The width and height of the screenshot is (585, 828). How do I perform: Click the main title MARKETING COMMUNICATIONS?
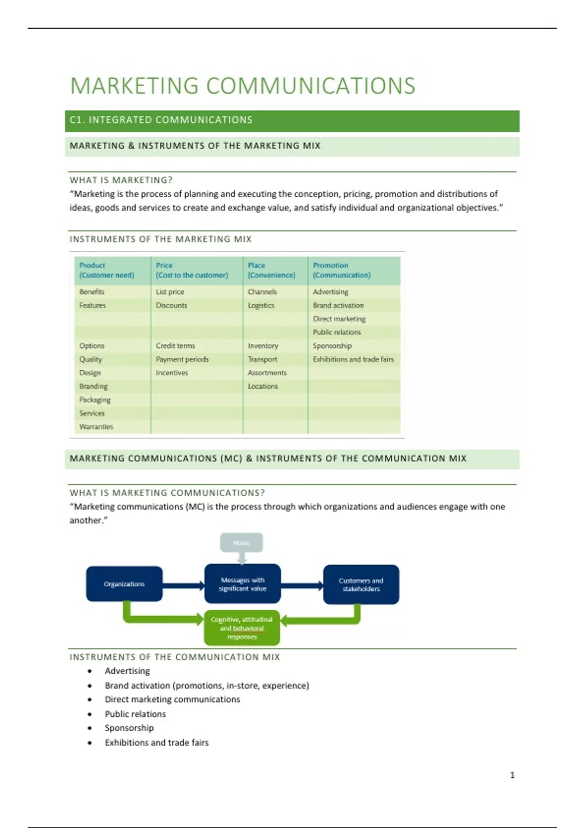click(x=243, y=86)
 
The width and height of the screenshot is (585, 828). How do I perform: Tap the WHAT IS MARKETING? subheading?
click(x=121, y=180)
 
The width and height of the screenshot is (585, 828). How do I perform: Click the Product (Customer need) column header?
click(x=107, y=270)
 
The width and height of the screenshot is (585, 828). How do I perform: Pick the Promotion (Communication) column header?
click(x=342, y=270)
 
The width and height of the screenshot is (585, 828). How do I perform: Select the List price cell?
click(x=170, y=292)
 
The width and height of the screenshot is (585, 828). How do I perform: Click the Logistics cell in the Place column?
click(x=261, y=305)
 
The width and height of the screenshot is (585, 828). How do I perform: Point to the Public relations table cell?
click(x=337, y=332)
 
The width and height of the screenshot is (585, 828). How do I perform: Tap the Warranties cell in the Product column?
click(x=96, y=427)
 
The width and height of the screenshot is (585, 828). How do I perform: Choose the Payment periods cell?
click(x=182, y=359)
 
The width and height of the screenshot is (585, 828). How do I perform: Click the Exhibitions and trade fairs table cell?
click(x=353, y=359)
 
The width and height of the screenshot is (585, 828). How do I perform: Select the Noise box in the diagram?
click(x=241, y=543)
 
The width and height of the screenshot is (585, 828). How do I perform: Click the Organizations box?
click(x=124, y=584)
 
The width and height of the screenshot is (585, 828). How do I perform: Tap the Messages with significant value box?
click(x=242, y=584)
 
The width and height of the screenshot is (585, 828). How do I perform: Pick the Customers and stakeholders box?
click(x=361, y=584)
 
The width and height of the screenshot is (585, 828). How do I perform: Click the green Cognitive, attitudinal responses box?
click(x=242, y=628)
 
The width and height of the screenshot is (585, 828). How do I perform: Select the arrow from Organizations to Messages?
click(x=183, y=585)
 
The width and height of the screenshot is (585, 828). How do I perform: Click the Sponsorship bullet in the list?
click(x=129, y=728)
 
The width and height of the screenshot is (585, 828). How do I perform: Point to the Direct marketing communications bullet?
click(x=172, y=699)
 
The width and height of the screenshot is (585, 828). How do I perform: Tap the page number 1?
click(x=512, y=775)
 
